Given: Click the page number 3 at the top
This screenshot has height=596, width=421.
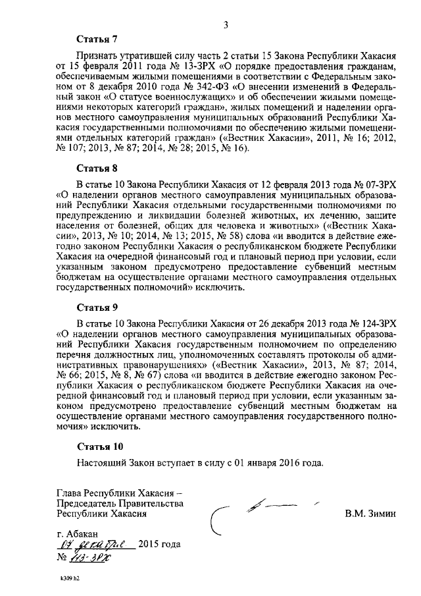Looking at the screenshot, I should [x=225, y=26].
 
